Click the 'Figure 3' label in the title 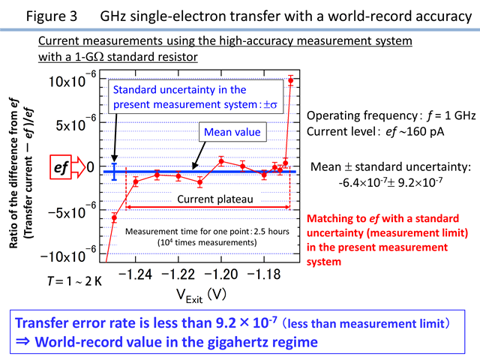tap(51, 16)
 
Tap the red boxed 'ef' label tap(61, 166)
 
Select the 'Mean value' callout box tap(232, 132)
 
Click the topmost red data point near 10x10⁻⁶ tap(290, 81)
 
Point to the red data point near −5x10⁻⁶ tap(114, 218)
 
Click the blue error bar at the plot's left tap(114, 172)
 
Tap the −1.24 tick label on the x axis tap(135, 274)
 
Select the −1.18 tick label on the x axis tap(263, 274)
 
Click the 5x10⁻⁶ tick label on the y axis tap(76, 123)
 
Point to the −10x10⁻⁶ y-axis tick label tap(68, 255)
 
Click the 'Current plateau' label tap(215, 199)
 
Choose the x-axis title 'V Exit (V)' tap(201, 295)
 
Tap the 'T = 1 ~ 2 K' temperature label tap(74, 281)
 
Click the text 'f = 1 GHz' tap(451, 115)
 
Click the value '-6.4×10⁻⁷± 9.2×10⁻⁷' tap(391, 183)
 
